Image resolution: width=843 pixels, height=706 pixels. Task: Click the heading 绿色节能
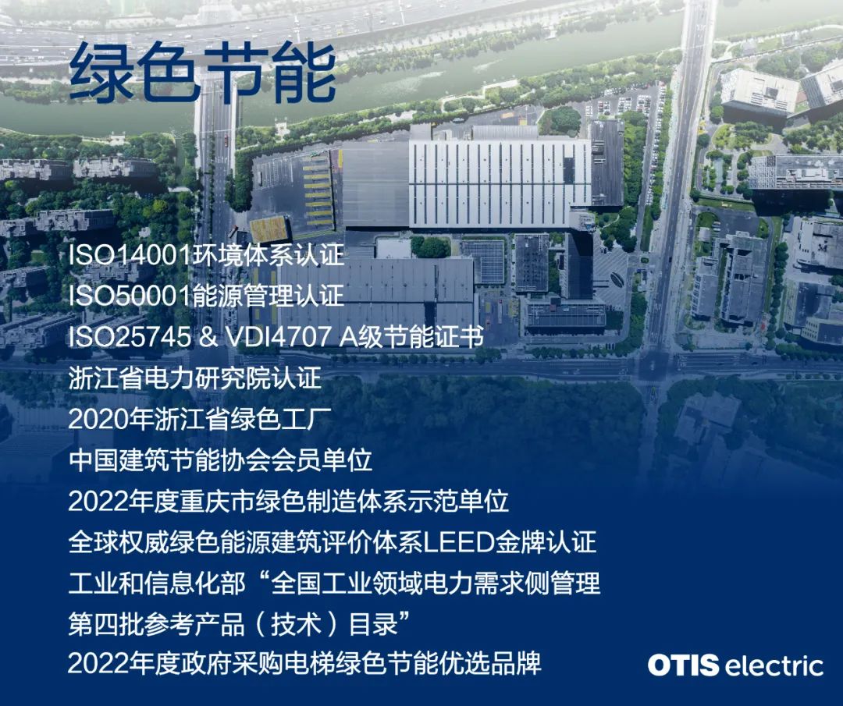tap(203, 73)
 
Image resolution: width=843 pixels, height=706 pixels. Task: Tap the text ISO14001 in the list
tap(130, 255)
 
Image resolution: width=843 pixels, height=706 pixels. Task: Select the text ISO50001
tap(130, 296)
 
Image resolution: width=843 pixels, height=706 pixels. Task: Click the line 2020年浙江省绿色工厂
tap(200, 419)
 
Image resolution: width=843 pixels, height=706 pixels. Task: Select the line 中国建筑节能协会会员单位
tap(220, 460)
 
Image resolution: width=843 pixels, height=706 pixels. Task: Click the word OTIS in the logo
tap(683, 665)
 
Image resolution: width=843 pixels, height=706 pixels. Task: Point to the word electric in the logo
tap(774, 665)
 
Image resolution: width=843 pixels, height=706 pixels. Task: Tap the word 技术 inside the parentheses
tap(297, 624)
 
